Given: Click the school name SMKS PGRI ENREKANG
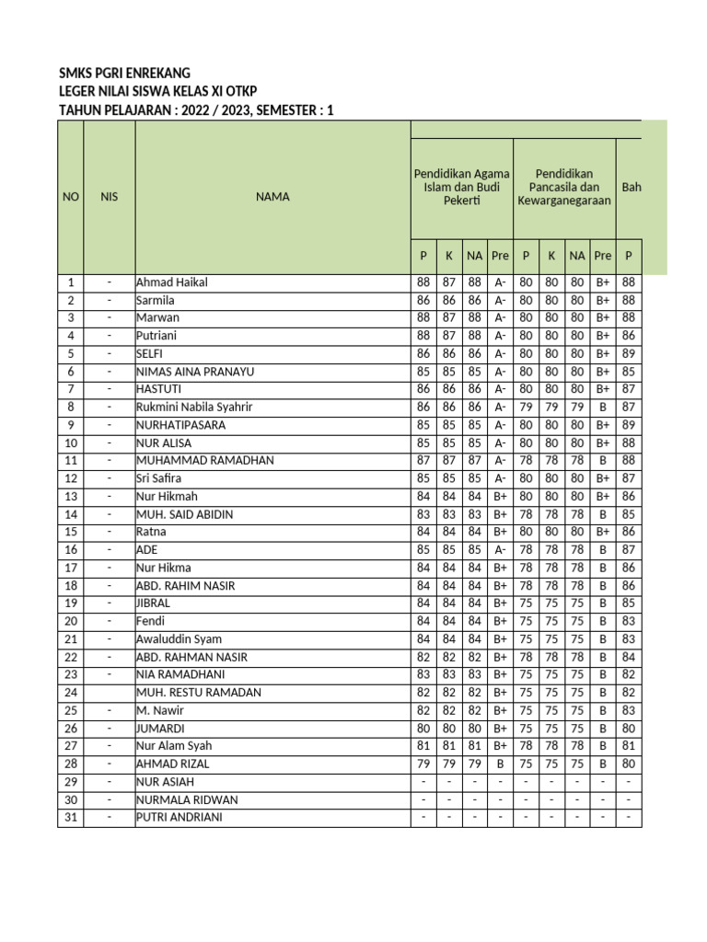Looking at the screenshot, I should point(124,74).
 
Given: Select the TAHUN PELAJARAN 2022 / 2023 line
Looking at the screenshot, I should point(196,110).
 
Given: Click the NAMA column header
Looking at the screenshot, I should point(272,197).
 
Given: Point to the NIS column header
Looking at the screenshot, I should point(110,197).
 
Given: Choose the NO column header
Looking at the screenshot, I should point(70,197).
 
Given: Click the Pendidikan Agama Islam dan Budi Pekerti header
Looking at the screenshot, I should point(461,187).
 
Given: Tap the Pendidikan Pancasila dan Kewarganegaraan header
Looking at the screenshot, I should point(563,187).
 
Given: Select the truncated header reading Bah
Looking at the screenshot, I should point(631,187).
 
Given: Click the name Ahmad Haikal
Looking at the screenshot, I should point(172,282).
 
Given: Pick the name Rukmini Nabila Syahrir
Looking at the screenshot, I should point(194,408).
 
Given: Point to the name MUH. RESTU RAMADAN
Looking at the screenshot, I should point(199,693).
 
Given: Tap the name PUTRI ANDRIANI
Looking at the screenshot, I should point(180,818).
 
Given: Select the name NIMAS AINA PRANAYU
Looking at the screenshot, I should point(195,372).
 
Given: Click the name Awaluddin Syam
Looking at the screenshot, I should point(179,639).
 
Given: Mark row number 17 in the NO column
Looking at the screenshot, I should point(70,568).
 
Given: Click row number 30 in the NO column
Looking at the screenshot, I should point(70,799).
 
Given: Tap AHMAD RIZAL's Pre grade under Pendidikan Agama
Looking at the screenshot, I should point(500,764).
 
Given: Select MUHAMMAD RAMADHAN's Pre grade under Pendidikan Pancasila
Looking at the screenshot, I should point(602,461).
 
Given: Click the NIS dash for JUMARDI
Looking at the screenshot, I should point(110,729).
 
